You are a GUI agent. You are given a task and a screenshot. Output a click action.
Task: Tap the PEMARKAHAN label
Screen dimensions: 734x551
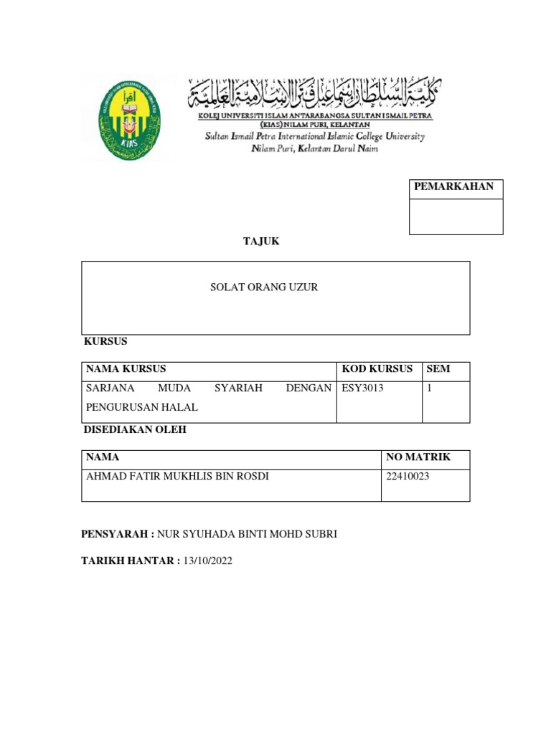(453, 187)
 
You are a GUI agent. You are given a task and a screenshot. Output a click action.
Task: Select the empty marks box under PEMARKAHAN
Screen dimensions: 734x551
(456, 216)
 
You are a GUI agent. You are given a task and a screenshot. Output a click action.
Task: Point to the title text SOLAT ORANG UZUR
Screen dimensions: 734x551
(263, 287)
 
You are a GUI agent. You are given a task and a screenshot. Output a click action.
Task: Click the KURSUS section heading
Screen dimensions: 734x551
(105, 343)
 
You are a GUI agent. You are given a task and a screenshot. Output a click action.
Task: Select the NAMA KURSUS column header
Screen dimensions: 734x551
(126, 369)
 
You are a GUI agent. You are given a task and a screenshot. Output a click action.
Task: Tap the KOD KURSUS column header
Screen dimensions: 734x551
(377, 369)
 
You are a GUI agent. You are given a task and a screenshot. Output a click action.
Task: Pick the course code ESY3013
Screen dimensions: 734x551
(363, 389)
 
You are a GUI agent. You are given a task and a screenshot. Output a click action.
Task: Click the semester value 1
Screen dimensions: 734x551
(429, 389)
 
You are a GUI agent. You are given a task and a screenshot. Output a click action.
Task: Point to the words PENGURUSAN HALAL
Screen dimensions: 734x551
(141, 407)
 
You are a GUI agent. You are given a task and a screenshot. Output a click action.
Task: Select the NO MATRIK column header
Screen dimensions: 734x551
(418, 457)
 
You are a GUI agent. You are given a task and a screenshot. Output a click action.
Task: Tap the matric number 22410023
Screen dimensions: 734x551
(408, 477)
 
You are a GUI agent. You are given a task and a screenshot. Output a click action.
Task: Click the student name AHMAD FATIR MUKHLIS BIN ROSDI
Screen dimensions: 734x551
(177, 477)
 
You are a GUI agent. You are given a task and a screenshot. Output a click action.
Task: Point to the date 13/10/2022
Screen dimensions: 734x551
(208, 561)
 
